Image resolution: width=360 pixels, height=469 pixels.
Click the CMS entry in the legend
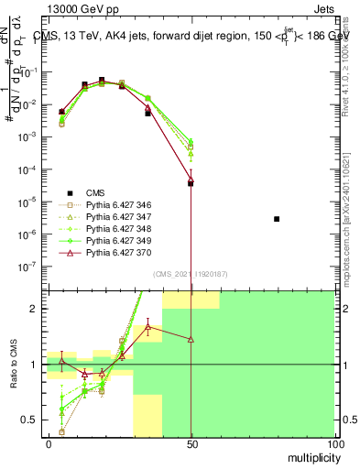pos(96,192)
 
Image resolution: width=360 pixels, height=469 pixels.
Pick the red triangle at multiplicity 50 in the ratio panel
pos(191,339)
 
